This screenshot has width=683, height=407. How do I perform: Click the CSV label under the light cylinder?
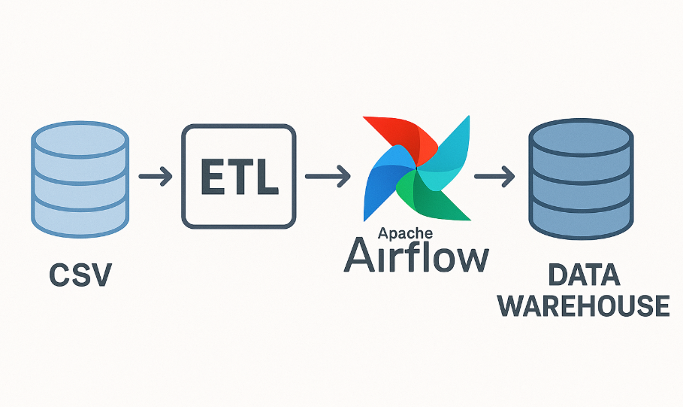[80, 275]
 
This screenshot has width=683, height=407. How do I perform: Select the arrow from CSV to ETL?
[156, 178]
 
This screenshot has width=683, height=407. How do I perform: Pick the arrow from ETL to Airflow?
[327, 178]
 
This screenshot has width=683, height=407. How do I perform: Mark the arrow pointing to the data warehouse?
[494, 178]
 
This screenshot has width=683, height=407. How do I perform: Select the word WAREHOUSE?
[584, 305]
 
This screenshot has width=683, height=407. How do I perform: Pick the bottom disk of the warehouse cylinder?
[580, 217]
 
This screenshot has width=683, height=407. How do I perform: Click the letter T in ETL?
[239, 178]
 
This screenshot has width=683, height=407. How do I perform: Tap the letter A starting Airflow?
[359, 257]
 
